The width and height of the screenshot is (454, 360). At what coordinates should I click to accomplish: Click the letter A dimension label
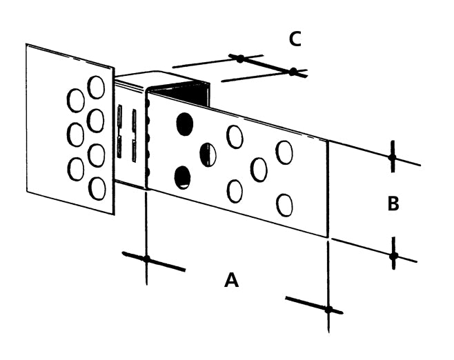click(x=232, y=280)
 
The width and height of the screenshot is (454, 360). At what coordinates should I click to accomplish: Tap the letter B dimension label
click(x=393, y=204)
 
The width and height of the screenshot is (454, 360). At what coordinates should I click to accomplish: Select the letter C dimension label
click(x=295, y=39)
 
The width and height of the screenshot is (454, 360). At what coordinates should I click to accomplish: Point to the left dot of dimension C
click(x=239, y=59)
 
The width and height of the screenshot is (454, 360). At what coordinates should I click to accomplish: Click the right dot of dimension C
click(x=293, y=72)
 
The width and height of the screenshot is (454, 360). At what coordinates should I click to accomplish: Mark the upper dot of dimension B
click(x=392, y=158)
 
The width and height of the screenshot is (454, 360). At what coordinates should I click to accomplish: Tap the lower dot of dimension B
click(x=393, y=257)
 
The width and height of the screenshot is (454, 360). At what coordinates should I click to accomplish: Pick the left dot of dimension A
click(x=146, y=259)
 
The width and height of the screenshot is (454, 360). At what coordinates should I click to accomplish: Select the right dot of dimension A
click(x=328, y=309)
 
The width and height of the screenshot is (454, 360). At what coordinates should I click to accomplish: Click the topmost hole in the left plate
click(x=96, y=88)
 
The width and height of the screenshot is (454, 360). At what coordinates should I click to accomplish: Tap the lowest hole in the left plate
click(x=97, y=188)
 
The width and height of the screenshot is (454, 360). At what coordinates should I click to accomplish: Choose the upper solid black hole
click(x=184, y=123)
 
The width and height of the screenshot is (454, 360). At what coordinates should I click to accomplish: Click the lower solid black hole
click(x=182, y=177)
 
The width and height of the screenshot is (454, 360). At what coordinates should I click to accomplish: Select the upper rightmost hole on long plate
click(x=284, y=152)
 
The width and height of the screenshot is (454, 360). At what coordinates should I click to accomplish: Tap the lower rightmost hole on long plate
click(x=284, y=205)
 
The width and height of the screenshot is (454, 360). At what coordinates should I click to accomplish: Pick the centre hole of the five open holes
click(x=259, y=170)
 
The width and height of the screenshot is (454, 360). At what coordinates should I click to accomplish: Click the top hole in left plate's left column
click(x=75, y=101)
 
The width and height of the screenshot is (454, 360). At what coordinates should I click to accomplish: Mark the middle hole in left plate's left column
click(x=75, y=134)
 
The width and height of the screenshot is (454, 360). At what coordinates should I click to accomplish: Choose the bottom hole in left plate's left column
click(x=76, y=169)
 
